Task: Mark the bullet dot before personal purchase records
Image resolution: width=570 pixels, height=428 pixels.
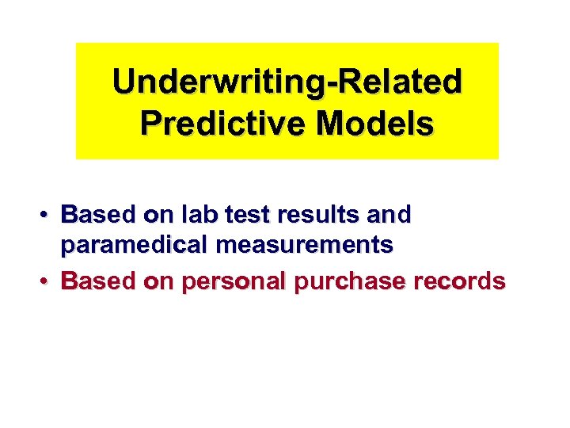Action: (x=48, y=281)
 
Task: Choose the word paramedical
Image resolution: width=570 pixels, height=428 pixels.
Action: (x=134, y=246)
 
